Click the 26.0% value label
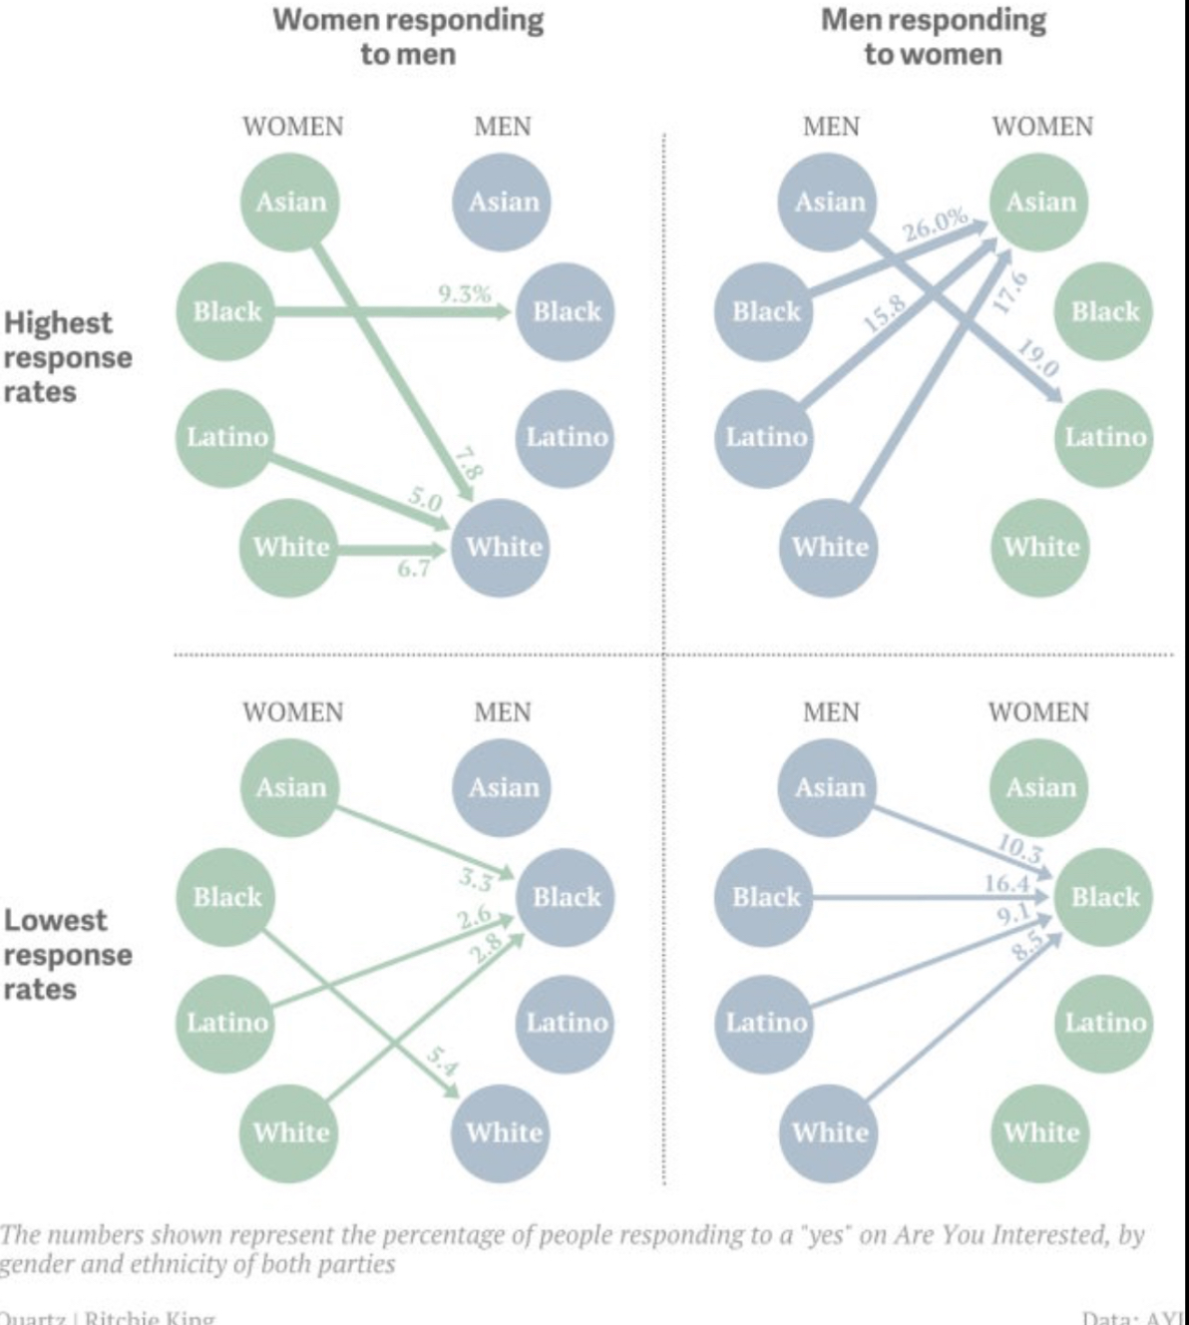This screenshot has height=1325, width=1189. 936,223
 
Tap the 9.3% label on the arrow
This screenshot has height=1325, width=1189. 464,293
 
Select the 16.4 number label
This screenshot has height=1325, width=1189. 1005,882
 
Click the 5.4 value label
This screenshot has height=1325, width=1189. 442,1063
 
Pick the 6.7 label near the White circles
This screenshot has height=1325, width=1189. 413,567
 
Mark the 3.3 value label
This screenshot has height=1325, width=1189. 476,880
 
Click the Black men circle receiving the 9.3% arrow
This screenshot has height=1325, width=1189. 566,311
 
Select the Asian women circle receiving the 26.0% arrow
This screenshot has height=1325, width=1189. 1039,203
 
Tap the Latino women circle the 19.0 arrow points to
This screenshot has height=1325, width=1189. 1104,437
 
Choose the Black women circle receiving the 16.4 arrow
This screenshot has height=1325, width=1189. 1104,897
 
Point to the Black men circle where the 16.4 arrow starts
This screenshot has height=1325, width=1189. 765,897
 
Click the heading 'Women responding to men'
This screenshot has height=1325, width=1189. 407,37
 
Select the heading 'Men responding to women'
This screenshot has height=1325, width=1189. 933,37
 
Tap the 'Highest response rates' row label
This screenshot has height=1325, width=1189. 67,357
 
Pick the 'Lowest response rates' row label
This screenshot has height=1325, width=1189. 67,955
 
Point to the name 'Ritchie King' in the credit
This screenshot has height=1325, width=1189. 150,1317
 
